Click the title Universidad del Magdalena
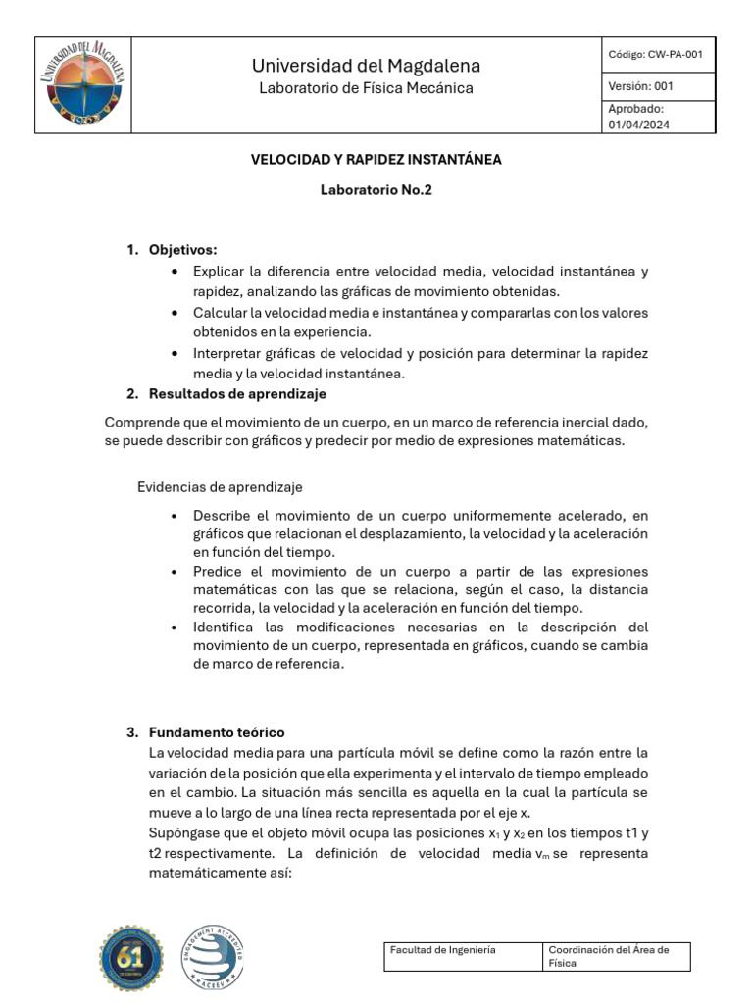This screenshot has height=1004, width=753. (x=366, y=66)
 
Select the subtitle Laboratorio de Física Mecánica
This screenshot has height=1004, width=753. (x=366, y=88)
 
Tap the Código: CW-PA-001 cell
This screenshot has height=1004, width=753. (x=655, y=55)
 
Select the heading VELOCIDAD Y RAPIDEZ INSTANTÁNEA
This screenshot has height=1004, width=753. (x=376, y=159)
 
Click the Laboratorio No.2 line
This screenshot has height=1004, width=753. (x=376, y=190)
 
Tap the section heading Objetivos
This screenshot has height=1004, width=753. (x=182, y=250)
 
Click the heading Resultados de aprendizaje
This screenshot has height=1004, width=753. (x=237, y=394)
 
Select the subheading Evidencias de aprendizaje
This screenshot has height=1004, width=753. (x=220, y=487)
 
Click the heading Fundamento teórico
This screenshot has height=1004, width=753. (x=217, y=733)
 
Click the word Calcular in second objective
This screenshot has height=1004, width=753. (x=220, y=313)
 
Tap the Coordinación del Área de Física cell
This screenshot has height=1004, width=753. (x=616, y=956)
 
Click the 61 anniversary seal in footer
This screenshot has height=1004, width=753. (x=131, y=957)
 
